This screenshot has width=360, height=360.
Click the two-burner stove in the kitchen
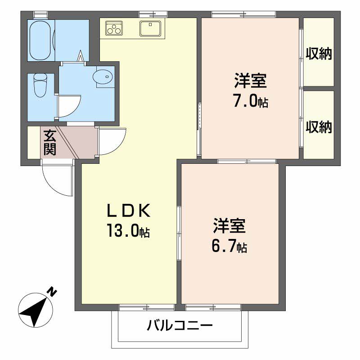[114, 28]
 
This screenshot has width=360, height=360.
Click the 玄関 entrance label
[49, 142]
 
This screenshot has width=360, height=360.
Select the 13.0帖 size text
[128, 231]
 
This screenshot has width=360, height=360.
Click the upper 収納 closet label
[319, 54]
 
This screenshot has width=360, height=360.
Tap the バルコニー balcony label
[179, 325]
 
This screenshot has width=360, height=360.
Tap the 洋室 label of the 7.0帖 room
[250, 81]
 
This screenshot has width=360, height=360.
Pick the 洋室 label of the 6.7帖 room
[229, 225]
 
